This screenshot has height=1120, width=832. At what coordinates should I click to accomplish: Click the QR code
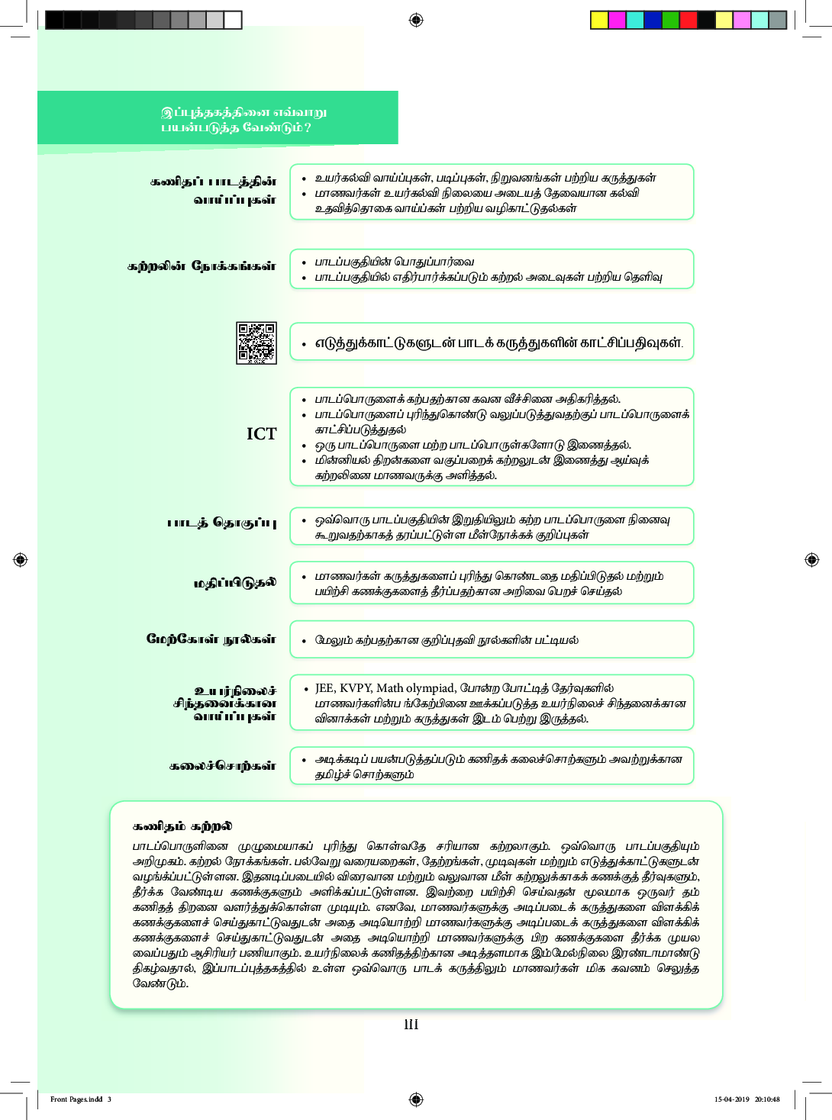click(x=256, y=343)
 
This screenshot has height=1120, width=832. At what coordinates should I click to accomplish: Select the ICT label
click(x=261, y=434)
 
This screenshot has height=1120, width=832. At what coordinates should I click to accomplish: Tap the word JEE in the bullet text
click(x=324, y=688)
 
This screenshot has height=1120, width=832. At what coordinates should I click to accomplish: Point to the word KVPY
click(x=356, y=688)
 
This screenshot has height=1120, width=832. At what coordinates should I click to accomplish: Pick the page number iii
click(x=411, y=1025)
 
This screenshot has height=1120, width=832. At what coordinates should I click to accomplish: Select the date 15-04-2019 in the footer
click(x=731, y=1099)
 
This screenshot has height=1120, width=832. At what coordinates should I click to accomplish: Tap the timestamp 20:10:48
click(x=767, y=1099)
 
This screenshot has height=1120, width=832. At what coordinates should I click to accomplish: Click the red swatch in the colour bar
click(x=688, y=20)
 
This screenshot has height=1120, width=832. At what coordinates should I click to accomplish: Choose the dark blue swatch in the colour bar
click(x=653, y=20)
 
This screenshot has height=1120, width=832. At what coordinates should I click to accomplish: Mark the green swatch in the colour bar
click(x=670, y=20)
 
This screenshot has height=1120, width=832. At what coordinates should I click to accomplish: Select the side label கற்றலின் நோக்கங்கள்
click(x=202, y=266)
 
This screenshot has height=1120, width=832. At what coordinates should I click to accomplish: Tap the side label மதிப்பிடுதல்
click(x=234, y=583)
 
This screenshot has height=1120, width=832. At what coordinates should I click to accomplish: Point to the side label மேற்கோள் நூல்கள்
click(x=211, y=639)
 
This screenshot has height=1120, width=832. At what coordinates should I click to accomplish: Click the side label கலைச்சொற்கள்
click(x=222, y=765)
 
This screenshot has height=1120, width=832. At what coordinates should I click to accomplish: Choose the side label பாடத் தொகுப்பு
click(x=221, y=523)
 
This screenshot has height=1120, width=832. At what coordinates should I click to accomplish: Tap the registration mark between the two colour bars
click(x=416, y=20)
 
